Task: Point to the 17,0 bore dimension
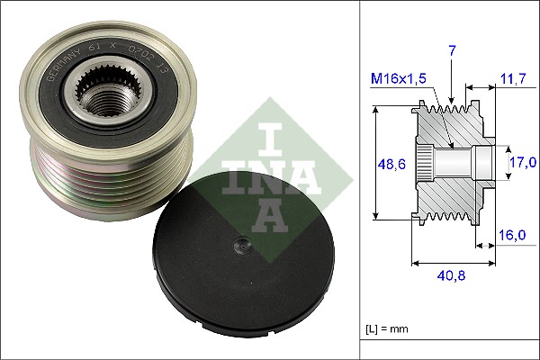(x=523, y=163)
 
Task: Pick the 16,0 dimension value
(x=512, y=235)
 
